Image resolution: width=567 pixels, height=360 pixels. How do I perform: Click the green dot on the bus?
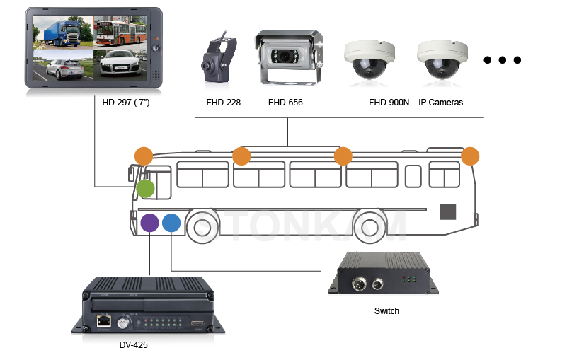145,189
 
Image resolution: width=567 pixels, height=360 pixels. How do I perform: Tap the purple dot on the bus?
149,223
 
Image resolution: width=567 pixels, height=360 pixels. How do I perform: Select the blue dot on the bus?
171,223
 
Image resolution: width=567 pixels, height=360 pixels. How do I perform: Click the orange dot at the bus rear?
470,156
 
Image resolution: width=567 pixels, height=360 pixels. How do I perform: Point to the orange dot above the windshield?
144,156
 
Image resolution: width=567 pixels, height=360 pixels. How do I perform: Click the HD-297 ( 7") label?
126,103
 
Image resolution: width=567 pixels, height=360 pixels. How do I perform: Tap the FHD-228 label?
224,103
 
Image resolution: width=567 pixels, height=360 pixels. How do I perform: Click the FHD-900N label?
388,103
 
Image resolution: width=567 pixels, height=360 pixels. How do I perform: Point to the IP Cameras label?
440,103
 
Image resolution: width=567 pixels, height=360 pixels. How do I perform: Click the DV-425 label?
133,345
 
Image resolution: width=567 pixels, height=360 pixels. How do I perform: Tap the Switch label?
386,311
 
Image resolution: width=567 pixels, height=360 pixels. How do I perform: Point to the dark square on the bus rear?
447,211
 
